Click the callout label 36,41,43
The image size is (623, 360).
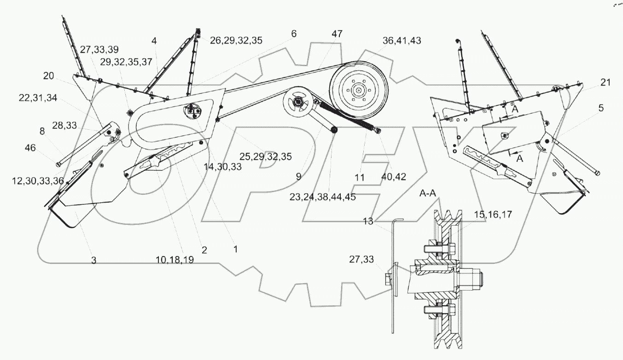(402, 41)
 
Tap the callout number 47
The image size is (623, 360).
(337, 34)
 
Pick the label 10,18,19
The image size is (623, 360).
(175, 260)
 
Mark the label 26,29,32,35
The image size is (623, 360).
(235, 40)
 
